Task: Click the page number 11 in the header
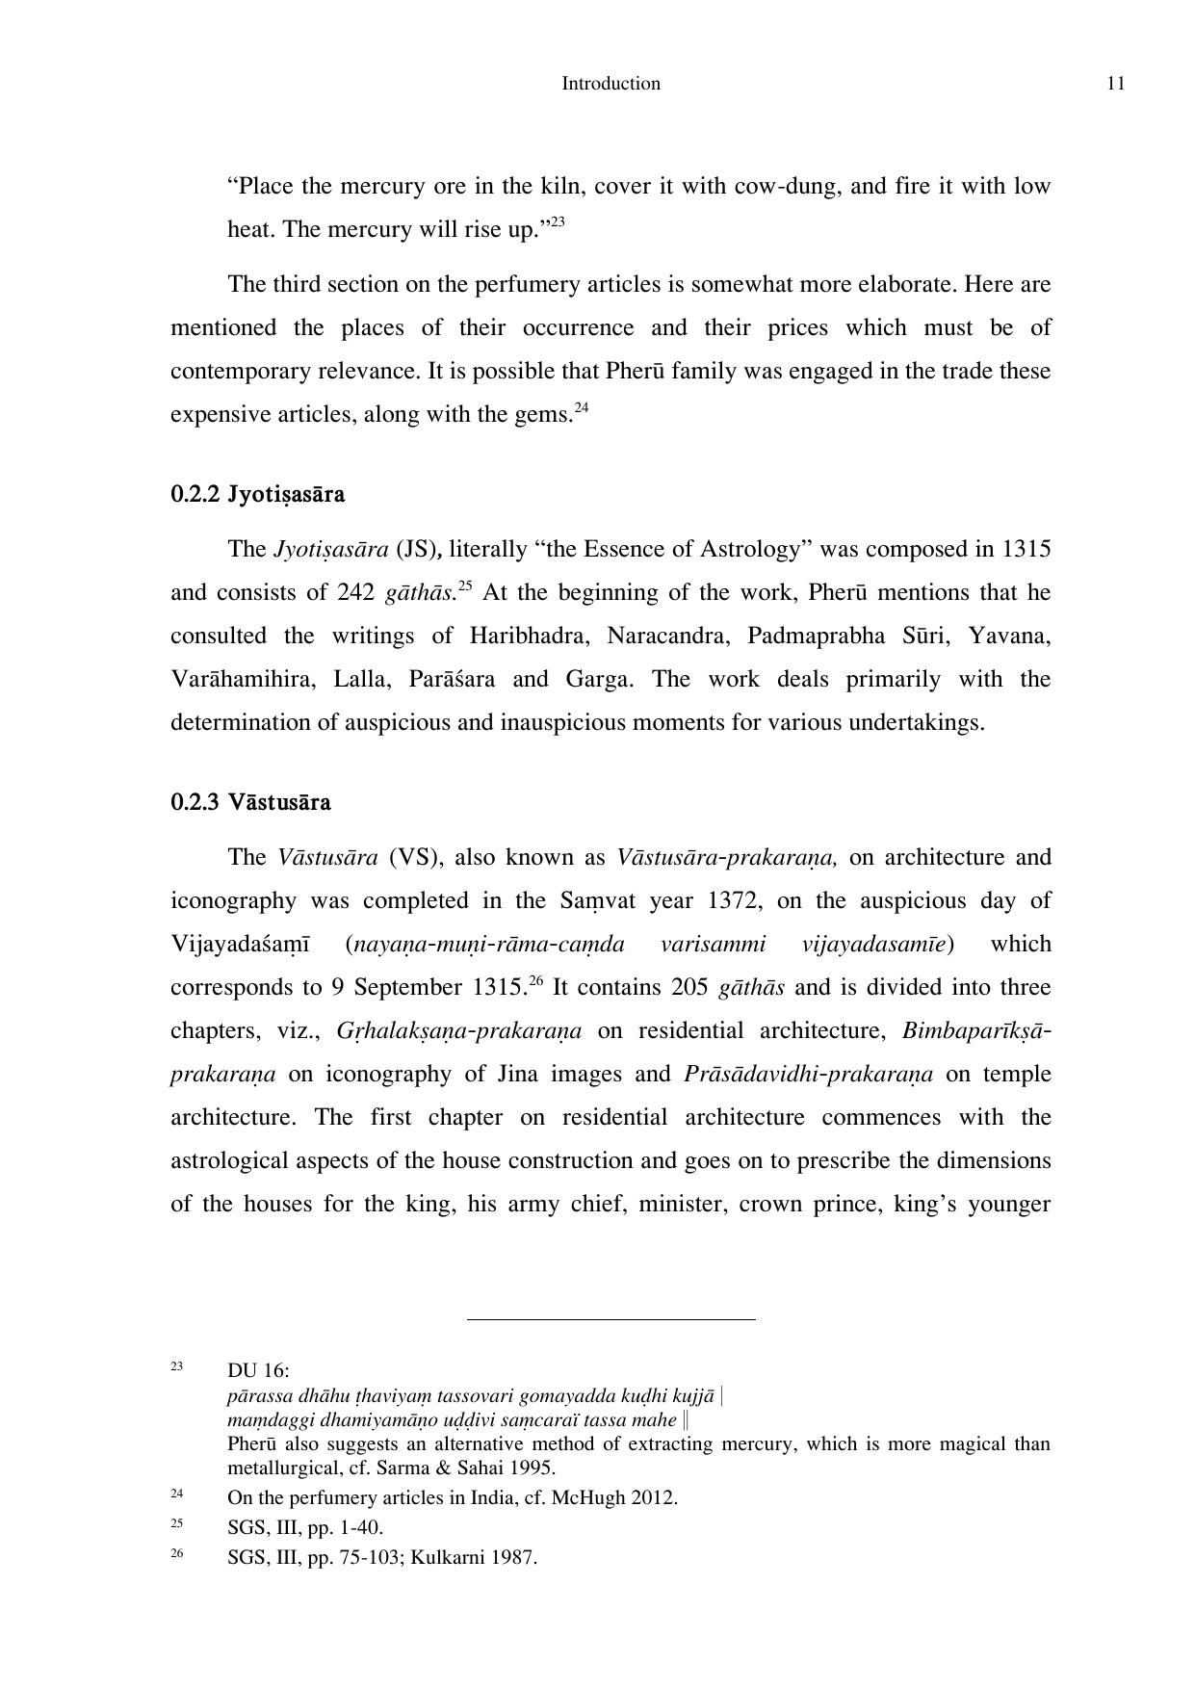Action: (1116, 84)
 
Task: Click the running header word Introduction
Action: (610, 84)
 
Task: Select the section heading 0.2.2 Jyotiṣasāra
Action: (257, 495)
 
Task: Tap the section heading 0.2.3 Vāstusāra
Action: (250, 802)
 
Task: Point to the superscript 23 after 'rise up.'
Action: (558, 222)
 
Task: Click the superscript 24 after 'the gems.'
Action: (581, 407)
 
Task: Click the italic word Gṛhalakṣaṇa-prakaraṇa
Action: (459, 1031)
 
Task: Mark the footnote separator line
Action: (610, 1319)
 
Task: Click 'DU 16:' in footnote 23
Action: (258, 1370)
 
